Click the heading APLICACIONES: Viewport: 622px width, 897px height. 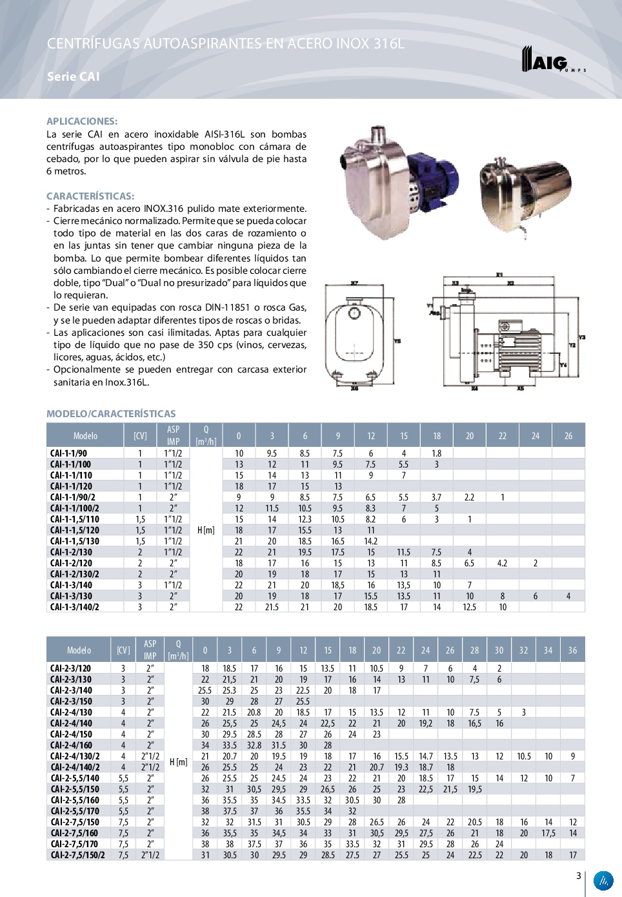(x=82, y=121)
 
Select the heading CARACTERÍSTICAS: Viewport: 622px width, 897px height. (x=90, y=196)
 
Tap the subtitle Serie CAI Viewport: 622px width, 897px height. (x=73, y=76)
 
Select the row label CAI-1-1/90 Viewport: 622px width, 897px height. (x=68, y=453)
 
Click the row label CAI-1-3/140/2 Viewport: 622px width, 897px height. (x=75, y=607)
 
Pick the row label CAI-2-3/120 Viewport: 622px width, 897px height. (x=70, y=668)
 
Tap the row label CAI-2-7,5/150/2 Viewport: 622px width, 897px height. (x=77, y=855)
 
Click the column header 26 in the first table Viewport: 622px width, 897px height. (x=568, y=436)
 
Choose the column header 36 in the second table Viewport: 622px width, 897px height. (x=572, y=650)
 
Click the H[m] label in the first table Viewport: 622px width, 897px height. (x=206, y=530)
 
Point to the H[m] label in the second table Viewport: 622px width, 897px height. (x=178, y=762)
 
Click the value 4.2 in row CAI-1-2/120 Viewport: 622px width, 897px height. (x=502, y=563)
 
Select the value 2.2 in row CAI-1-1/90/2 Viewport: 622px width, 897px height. (x=469, y=497)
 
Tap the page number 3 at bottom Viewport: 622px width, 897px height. (x=578, y=876)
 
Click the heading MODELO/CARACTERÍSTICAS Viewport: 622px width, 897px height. (x=111, y=413)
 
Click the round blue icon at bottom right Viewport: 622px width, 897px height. (x=603, y=880)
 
